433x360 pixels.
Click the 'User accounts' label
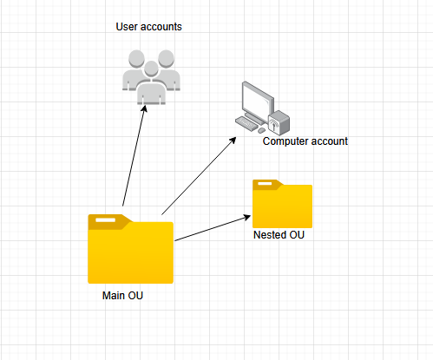coord(148,27)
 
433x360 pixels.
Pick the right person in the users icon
coord(169,71)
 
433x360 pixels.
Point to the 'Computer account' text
coord(305,141)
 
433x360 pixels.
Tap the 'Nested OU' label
coord(278,235)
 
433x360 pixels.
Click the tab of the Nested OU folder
coord(266,184)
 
